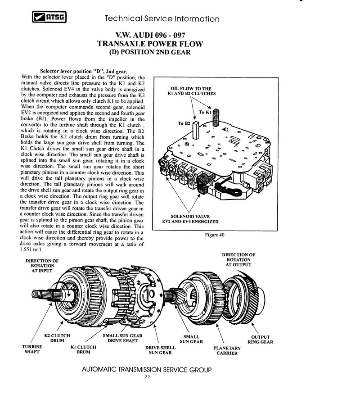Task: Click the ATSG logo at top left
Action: coord(48,18)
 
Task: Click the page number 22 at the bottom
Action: coord(147,377)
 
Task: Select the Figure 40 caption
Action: coord(214,235)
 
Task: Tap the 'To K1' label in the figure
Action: coord(205,112)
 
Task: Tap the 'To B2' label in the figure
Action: coord(184,122)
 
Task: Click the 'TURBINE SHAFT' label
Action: coord(32,349)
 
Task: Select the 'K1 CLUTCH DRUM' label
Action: coord(83,349)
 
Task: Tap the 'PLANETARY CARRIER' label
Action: coord(227,350)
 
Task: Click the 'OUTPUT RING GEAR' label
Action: coord(260,340)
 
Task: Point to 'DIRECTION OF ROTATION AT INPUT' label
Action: coord(42,266)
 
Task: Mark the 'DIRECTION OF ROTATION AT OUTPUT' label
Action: coord(238,260)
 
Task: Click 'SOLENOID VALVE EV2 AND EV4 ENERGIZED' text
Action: coord(190,219)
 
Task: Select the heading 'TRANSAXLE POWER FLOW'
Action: coord(150,44)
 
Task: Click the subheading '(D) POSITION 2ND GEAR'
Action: coord(150,52)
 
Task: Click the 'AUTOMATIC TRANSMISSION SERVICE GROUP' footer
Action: coord(147,370)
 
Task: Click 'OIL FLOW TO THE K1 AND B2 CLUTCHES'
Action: coord(191,91)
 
